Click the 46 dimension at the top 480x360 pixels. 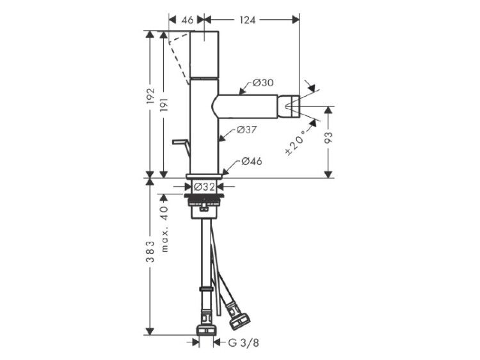[x=188, y=20]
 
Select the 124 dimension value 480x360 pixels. [x=247, y=20]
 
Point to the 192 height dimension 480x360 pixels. [x=150, y=96]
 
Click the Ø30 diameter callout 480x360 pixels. [x=263, y=82]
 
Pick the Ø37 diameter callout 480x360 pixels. [x=247, y=130]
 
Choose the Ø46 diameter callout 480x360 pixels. [x=252, y=161]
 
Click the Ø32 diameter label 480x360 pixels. [x=204, y=187]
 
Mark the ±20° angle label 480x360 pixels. [x=296, y=143]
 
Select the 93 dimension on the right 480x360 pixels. [x=328, y=137]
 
